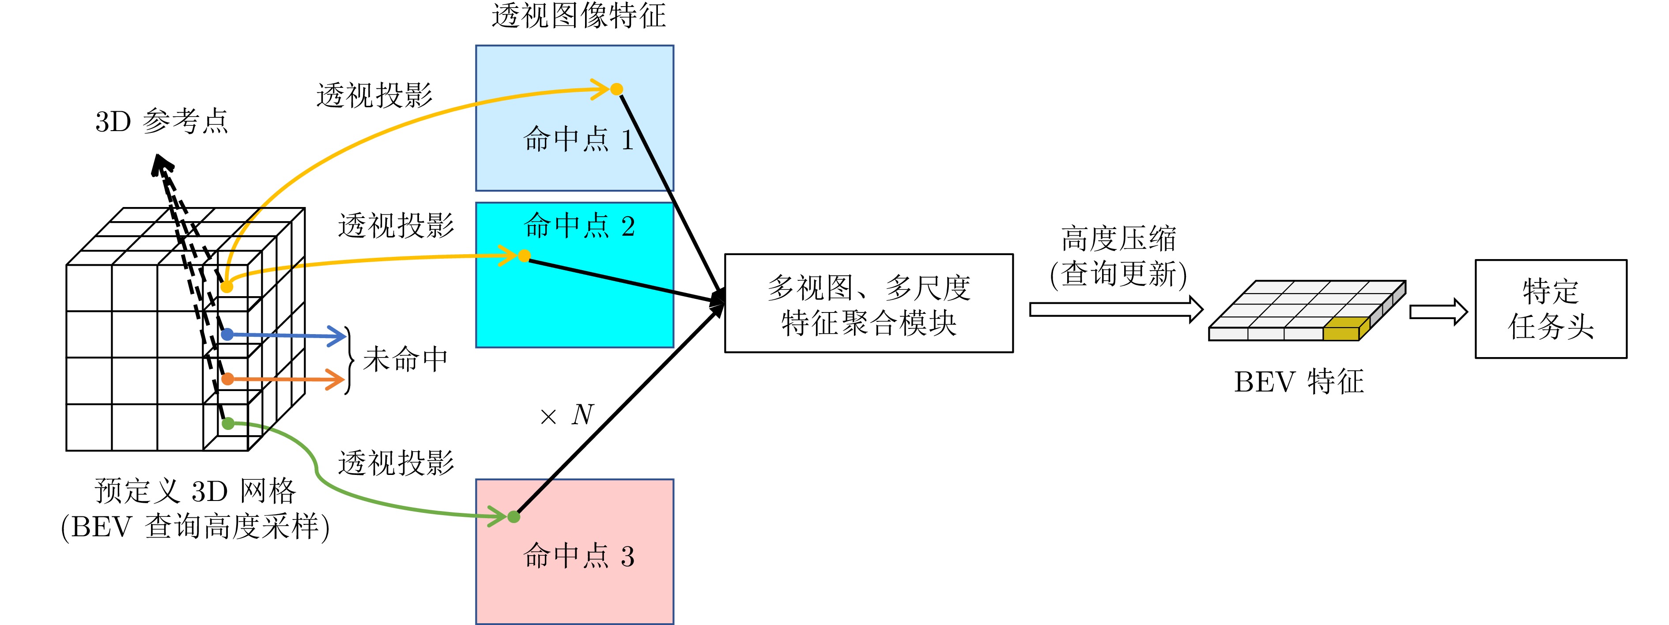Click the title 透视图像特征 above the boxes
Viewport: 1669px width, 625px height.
point(578,15)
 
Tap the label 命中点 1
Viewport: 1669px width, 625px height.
point(578,139)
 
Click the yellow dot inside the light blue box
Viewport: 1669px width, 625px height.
point(617,89)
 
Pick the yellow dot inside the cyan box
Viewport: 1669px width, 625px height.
point(524,256)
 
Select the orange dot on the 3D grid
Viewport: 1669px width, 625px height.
point(227,379)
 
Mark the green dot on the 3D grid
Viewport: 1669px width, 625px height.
point(228,424)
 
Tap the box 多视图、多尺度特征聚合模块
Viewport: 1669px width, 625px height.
point(869,303)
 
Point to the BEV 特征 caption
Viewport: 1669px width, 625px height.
point(1299,381)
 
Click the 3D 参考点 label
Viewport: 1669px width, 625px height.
point(162,121)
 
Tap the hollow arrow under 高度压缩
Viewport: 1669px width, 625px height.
point(1116,309)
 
